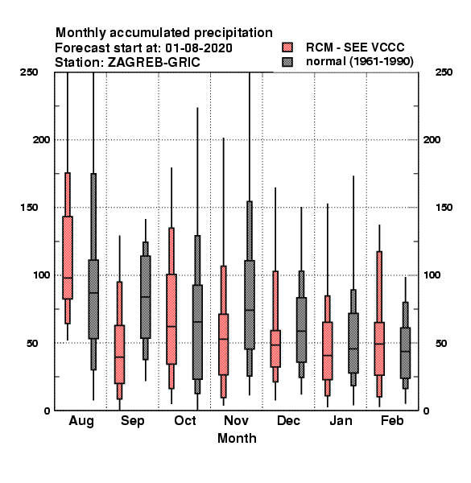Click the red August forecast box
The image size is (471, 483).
point(68,258)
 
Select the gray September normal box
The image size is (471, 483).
point(146,297)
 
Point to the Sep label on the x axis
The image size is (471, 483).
point(133,421)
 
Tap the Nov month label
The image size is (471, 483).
point(236,420)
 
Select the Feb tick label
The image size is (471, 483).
point(392,420)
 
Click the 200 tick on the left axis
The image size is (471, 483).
point(41,139)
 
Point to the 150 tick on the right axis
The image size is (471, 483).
point(444,208)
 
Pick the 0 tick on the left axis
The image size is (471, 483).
point(47,411)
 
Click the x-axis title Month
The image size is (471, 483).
point(237,439)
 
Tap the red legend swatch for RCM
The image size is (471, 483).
point(287,47)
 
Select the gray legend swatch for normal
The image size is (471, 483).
point(287,62)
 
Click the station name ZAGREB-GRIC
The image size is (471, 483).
point(154,63)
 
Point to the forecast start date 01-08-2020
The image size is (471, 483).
point(199,48)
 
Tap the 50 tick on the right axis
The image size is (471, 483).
point(441,343)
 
